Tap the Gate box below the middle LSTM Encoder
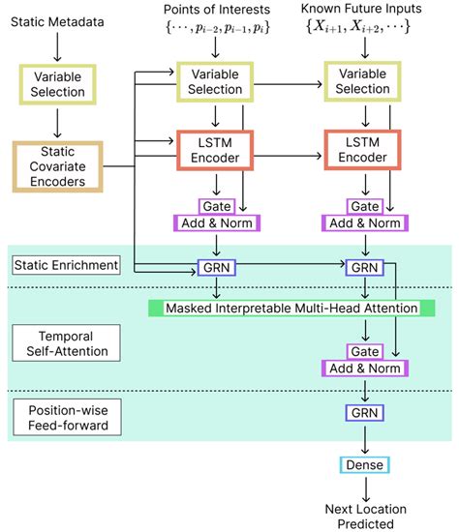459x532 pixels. pyautogui.click(x=216, y=206)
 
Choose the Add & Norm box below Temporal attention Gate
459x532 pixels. pyautogui.click(x=363, y=367)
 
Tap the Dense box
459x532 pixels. pyautogui.click(x=363, y=465)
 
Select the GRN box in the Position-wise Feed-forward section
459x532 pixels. pyautogui.click(x=363, y=413)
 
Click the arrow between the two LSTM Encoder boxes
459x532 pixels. pyautogui.click(x=289, y=153)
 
